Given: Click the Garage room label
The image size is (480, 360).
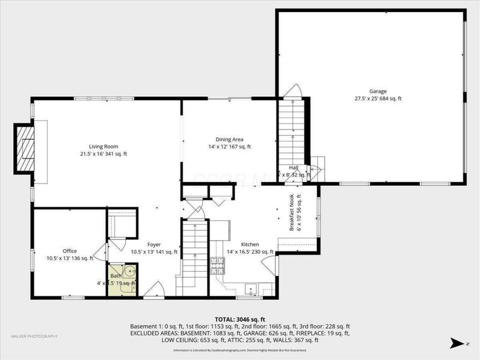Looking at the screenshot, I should [377, 91].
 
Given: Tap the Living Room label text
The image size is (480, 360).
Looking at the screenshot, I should [103, 146].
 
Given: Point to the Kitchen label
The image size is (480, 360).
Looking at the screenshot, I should [250, 245].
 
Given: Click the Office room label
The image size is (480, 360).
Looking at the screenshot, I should [70, 251].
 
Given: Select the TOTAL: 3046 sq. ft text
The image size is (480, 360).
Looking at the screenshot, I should [239, 319].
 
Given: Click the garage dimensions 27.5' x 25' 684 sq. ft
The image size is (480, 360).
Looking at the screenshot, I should [377, 98].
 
